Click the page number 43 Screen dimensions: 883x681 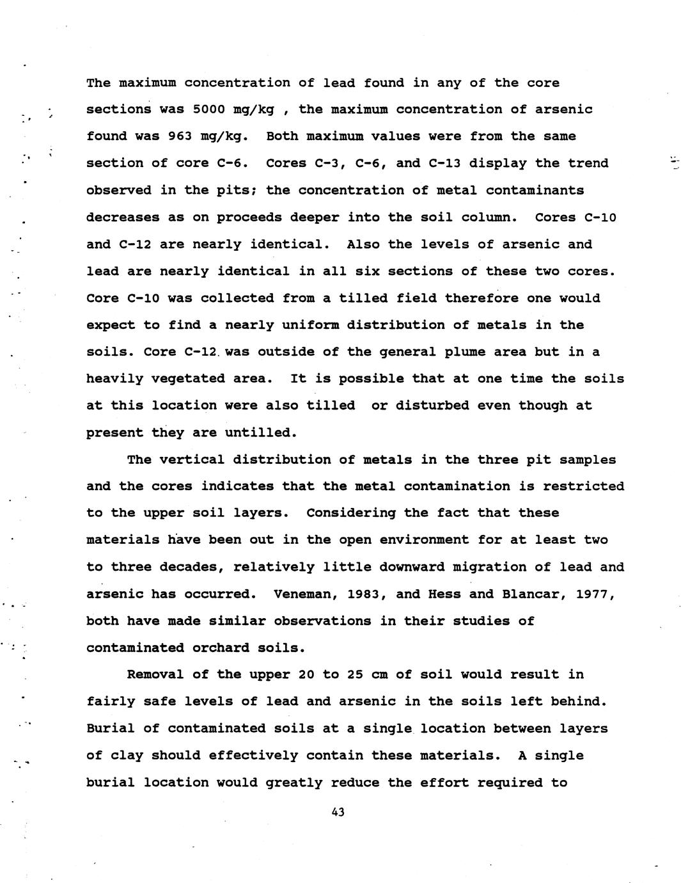click(338, 812)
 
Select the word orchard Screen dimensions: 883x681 click(217, 648)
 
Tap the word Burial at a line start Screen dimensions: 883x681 click(106, 728)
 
